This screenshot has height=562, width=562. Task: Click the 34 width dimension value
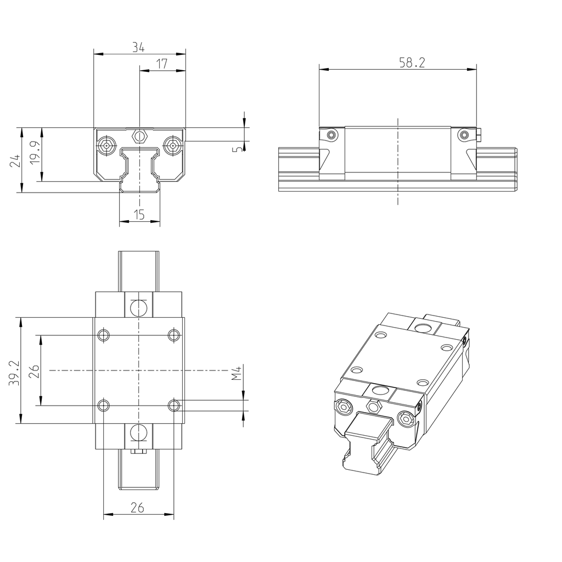pos(138,48)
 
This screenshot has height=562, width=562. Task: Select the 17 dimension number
pos(162,64)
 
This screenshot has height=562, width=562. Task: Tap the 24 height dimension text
pos(15,160)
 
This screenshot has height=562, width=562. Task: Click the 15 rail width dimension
pos(139,215)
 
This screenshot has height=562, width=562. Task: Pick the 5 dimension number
pos(237,149)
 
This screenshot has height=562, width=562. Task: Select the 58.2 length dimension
pos(412,63)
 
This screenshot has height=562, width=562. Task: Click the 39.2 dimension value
pos(15,373)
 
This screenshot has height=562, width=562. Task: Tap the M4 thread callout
pos(237,374)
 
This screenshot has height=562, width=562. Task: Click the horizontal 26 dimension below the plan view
pos(137,508)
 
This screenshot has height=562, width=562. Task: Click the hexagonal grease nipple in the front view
pos(139,136)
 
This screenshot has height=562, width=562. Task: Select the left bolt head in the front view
pos(106,145)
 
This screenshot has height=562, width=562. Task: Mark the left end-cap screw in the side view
pos(331,135)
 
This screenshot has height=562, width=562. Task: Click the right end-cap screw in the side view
pos(464,134)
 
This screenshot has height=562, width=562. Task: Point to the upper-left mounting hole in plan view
pos(103,335)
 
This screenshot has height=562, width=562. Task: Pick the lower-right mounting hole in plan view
pos(174,406)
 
